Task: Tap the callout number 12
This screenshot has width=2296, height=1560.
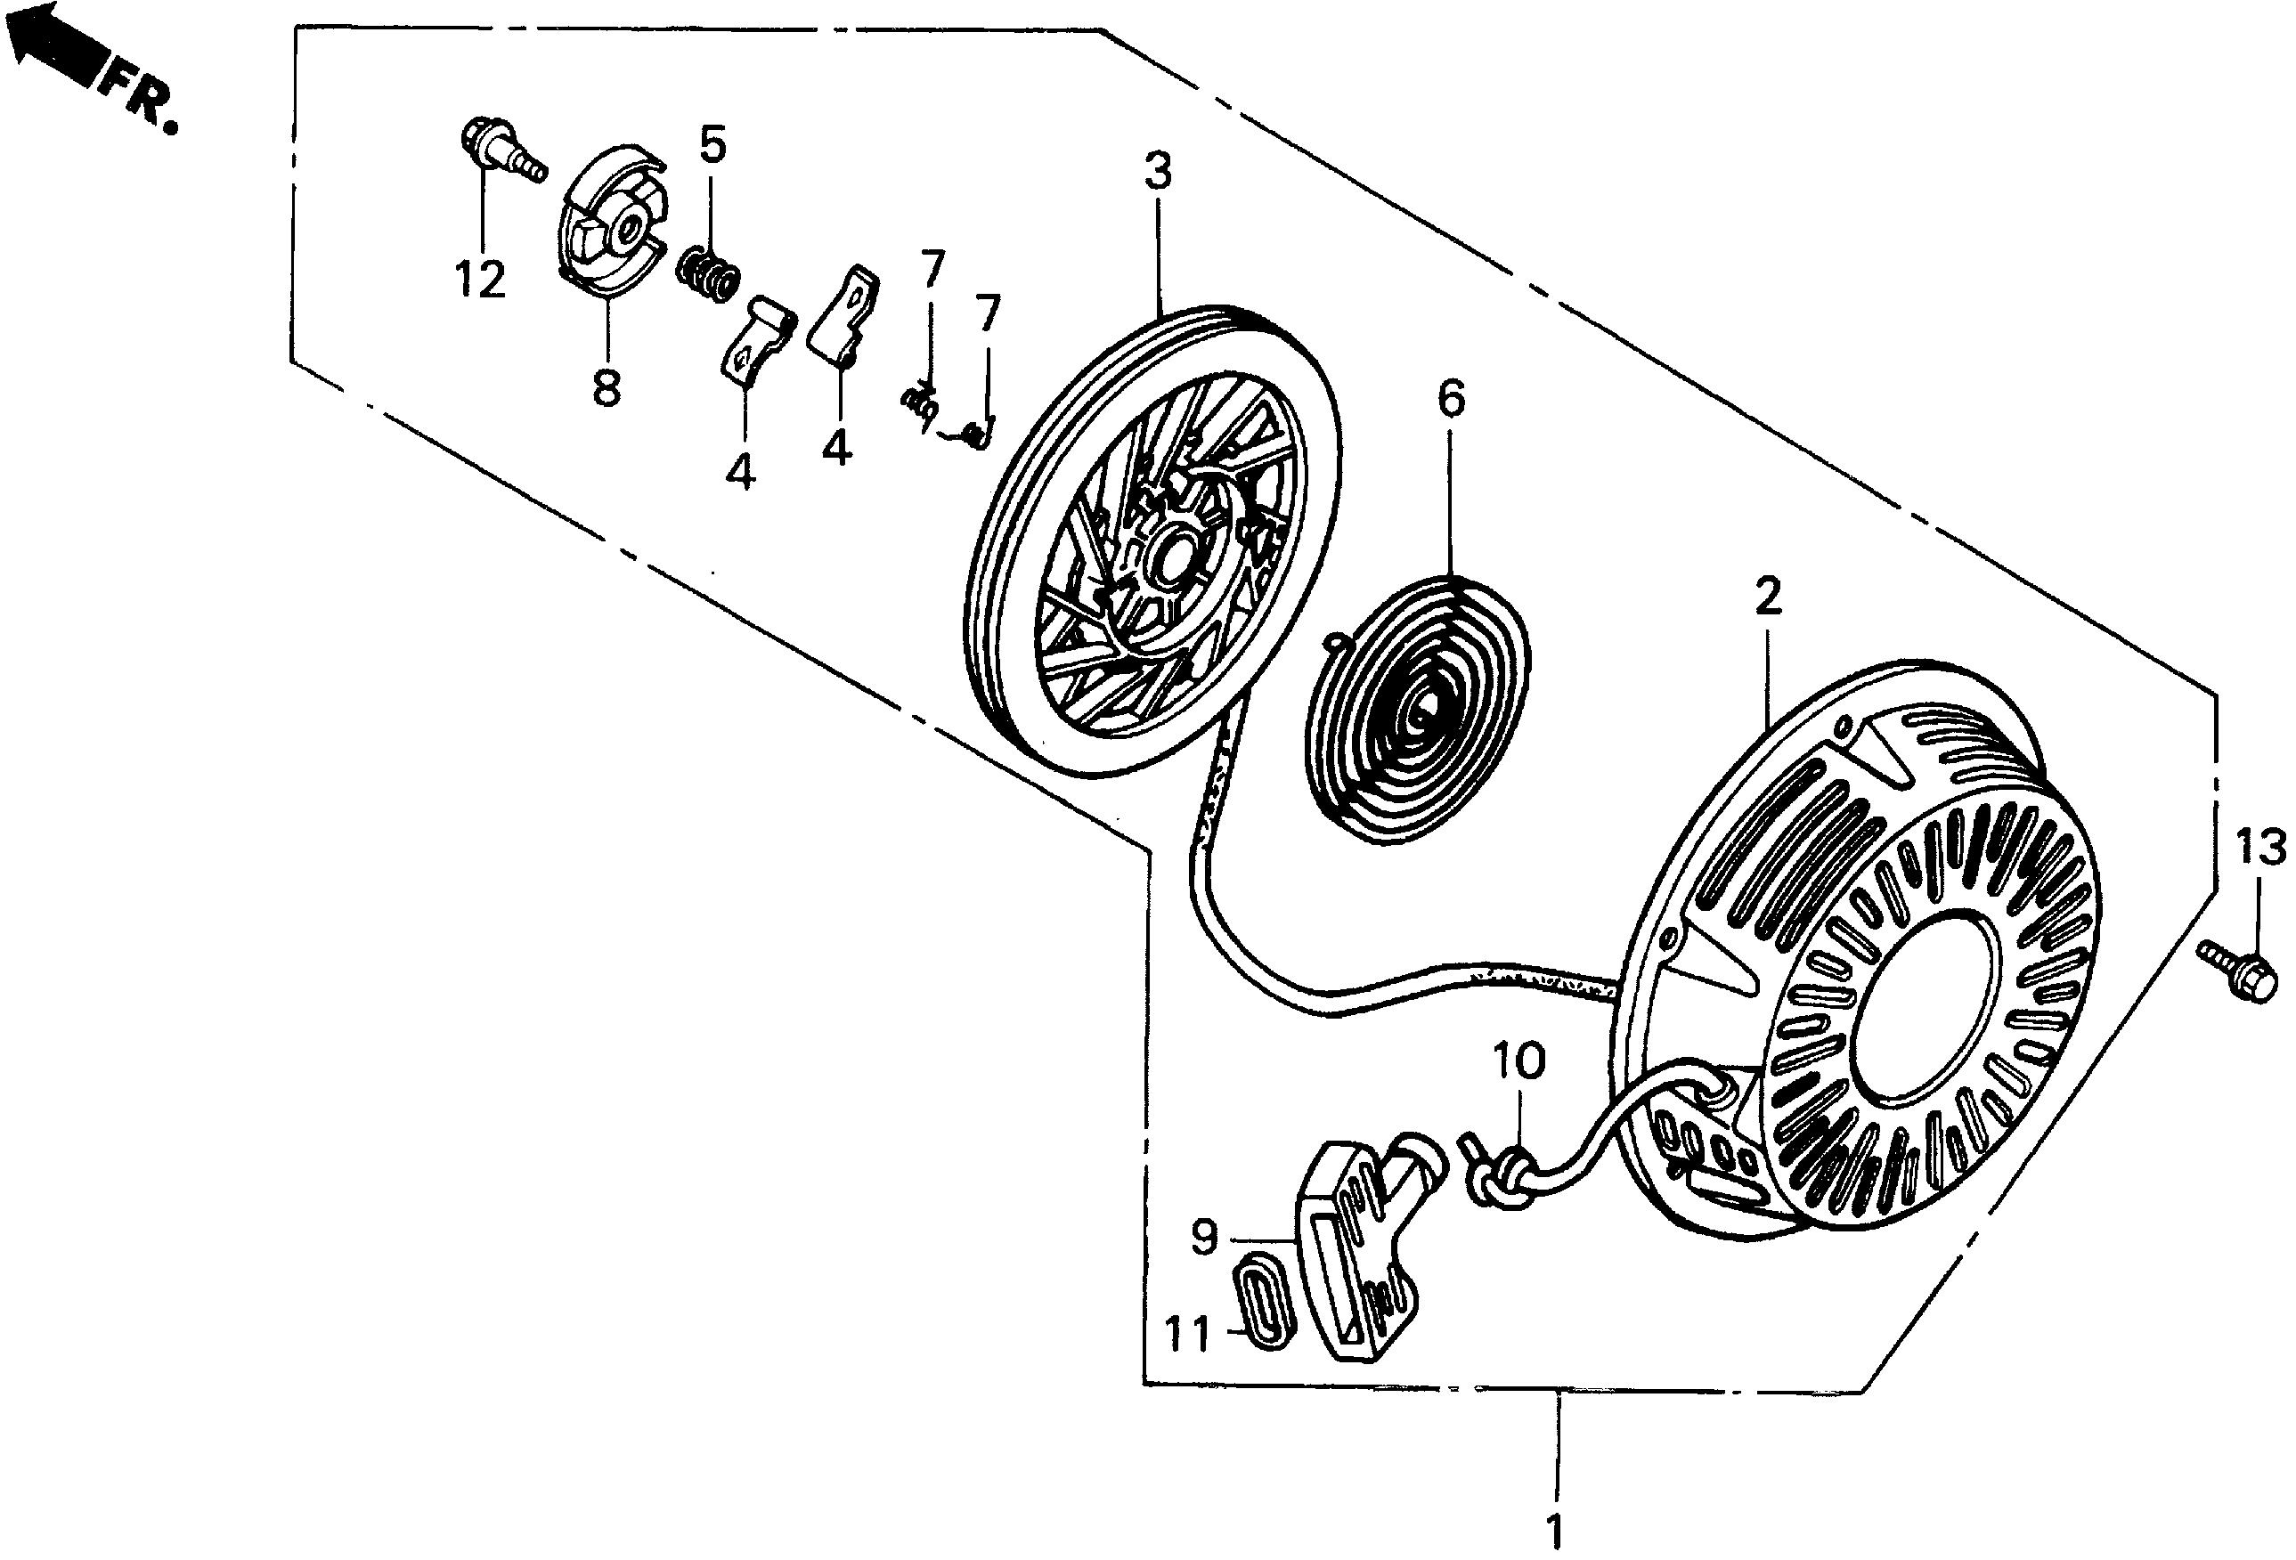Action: pyautogui.click(x=481, y=280)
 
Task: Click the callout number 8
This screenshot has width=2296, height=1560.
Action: pyautogui.click(x=607, y=387)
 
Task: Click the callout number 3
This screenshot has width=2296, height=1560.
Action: pyautogui.click(x=1158, y=172)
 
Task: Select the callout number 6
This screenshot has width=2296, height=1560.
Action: pyautogui.click(x=1452, y=399)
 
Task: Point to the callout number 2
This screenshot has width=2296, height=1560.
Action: pyautogui.click(x=1768, y=597)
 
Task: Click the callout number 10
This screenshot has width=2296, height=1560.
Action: pyautogui.click(x=1518, y=1063)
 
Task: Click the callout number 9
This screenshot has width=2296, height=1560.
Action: pyautogui.click(x=1204, y=1236)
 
